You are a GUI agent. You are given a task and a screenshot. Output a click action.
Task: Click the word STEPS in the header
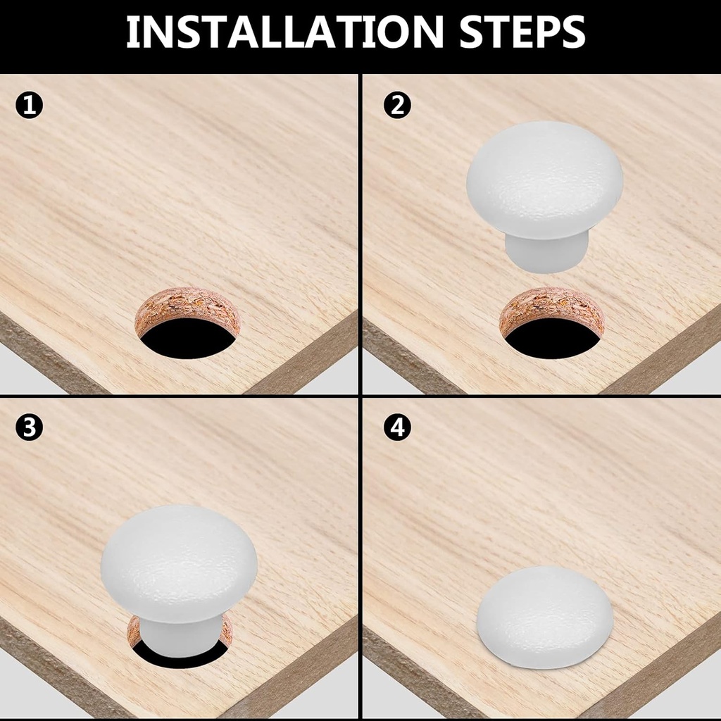click(522, 31)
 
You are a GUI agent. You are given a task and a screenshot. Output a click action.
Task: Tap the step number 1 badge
click(29, 106)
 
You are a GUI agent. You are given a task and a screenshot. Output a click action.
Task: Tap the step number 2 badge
click(397, 106)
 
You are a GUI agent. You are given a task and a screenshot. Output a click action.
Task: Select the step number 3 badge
click(29, 428)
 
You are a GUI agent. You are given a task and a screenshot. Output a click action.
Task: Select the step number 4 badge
click(397, 428)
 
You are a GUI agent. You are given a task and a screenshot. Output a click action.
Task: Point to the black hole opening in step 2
click(552, 337)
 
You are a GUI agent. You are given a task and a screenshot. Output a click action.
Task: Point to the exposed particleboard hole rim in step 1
click(187, 303)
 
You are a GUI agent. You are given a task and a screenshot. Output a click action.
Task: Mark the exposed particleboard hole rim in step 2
click(552, 303)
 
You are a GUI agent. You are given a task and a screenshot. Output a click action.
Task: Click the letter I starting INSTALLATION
click(132, 31)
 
